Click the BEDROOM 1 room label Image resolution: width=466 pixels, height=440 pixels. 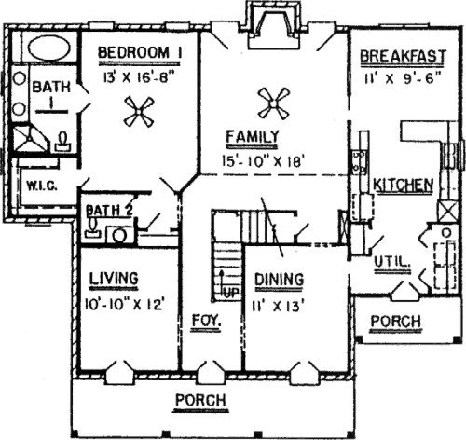[140, 52]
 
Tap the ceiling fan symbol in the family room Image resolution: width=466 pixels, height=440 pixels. [274, 103]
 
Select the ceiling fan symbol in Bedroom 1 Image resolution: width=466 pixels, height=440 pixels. [139, 112]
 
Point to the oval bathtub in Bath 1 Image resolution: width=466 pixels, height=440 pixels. [48, 48]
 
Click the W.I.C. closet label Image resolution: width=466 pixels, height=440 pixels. [41, 186]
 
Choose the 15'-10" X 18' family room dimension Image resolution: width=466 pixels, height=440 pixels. [262, 161]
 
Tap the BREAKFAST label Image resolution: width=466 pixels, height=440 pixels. [403, 57]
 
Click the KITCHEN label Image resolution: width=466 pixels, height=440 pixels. [403, 185]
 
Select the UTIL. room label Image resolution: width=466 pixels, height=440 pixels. [391, 263]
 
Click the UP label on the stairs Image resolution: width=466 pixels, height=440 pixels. [230, 293]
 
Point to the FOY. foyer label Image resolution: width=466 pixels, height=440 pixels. [206, 320]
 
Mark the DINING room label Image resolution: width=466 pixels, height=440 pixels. [279, 279]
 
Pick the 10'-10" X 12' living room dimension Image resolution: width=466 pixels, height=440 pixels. [124, 305]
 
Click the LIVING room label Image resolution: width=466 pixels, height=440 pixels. [114, 278]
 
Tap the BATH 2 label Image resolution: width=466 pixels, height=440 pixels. [109, 211]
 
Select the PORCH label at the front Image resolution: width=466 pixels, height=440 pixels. [200, 400]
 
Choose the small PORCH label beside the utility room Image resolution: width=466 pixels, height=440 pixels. [395, 321]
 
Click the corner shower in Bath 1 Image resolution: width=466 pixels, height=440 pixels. [29, 138]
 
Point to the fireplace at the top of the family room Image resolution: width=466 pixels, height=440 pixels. [275, 26]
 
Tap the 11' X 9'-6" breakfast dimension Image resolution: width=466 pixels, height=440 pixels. [403, 78]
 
